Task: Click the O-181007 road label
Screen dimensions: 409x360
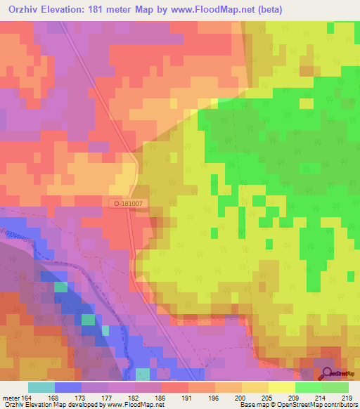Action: click(x=129, y=203)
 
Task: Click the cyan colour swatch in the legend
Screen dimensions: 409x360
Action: click(x=41, y=387)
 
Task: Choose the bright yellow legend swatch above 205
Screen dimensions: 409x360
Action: click(x=281, y=387)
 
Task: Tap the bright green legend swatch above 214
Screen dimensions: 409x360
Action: click(x=308, y=387)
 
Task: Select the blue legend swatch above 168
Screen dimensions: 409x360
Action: click(x=67, y=387)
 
